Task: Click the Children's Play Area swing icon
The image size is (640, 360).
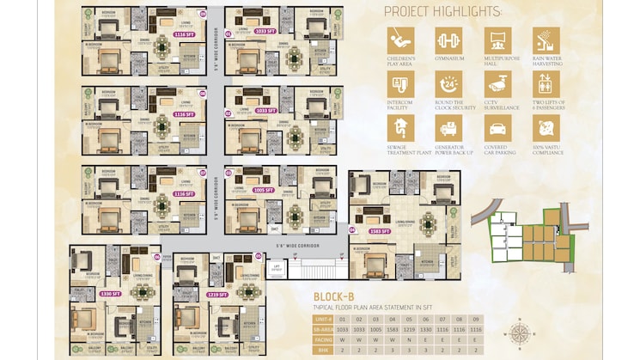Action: [400, 40]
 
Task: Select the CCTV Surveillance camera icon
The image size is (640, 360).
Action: [496, 83]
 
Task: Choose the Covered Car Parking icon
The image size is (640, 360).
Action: [496, 128]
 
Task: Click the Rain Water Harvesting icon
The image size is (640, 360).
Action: [545, 40]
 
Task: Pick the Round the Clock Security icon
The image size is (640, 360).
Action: [448, 83]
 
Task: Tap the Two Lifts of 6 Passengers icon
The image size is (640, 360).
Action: [545, 83]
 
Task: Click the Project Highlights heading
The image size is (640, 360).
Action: [442, 11]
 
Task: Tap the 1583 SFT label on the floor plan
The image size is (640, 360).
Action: [378, 231]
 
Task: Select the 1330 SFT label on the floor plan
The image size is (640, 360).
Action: [110, 294]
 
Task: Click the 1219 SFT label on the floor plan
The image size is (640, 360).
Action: [216, 294]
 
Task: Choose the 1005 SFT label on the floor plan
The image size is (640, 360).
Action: [264, 190]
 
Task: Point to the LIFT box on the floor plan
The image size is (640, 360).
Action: [276, 268]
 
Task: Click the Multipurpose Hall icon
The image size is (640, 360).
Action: [496, 40]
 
